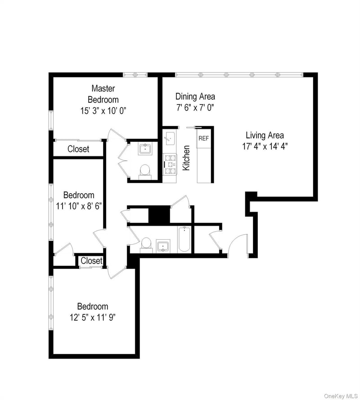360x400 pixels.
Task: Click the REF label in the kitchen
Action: point(203,138)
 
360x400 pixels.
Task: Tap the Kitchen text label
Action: point(186,158)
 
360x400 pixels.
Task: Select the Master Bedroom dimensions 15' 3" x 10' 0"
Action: point(103,111)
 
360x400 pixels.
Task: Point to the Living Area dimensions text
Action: point(265,146)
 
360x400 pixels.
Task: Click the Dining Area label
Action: point(195,96)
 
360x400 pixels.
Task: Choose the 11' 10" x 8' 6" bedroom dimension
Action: point(79,206)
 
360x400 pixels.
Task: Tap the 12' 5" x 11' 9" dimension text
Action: point(93,318)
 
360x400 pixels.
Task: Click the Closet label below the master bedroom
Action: point(78,149)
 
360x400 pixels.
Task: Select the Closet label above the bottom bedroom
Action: point(91,261)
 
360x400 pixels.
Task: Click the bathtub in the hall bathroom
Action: point(184,240)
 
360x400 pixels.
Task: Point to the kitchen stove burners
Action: point(170,164)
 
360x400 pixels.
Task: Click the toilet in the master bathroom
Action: point(145,172)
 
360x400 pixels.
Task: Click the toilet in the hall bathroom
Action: point(146,245)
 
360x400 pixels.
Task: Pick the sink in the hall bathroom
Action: point(163,246)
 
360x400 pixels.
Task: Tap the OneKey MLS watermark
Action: point(341,396)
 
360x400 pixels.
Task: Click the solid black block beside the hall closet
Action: point(159,215)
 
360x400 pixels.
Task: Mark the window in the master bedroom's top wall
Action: point(135,75)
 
